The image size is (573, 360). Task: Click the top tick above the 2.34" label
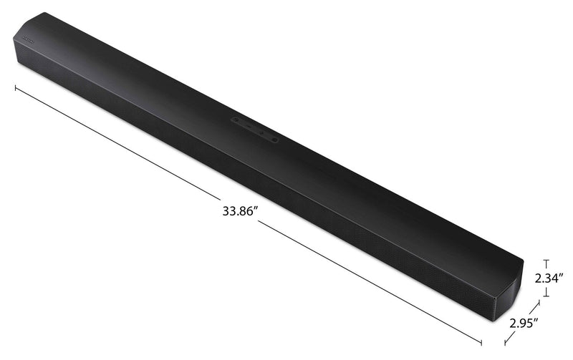pos(546,261)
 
